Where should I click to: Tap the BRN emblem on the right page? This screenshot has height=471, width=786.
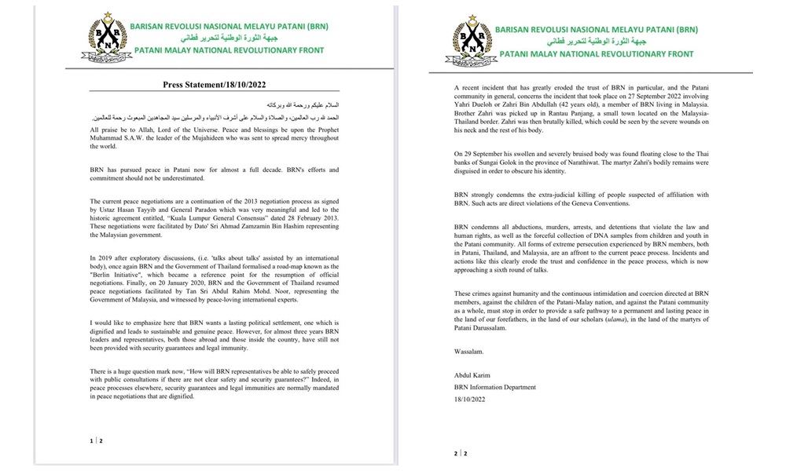pos(475,38)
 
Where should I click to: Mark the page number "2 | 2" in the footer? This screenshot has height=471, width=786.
pos(460,453)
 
